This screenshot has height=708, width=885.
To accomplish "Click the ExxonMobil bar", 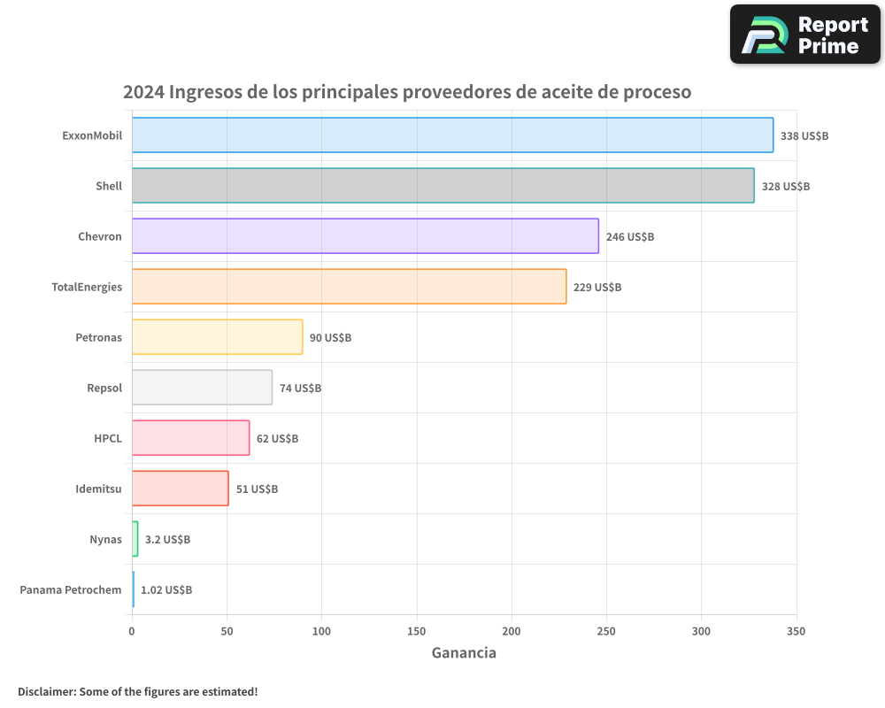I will pos(452,135).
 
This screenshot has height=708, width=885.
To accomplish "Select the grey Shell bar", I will pos(442,186).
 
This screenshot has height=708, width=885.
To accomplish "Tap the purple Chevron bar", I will pos(365,236).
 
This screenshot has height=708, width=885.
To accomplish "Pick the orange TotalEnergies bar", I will pos(349,287).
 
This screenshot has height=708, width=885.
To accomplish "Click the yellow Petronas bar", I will pos(217,337).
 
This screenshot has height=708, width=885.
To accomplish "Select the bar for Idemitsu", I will pos(180,489).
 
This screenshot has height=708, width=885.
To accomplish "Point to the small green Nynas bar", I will pos(135,539).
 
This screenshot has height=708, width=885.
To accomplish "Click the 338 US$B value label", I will pos(804,136).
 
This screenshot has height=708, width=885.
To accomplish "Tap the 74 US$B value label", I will pos(300,389).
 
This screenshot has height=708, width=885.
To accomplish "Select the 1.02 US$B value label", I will pos(166,590).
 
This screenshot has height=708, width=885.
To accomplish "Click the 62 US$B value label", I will pos(277,439).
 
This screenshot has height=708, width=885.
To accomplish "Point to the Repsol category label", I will pos(104,388).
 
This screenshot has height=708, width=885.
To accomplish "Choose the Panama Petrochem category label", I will pos(71,589).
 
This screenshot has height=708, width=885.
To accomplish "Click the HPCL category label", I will pos(108,438).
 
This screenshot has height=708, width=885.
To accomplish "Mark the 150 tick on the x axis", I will pos(416,632).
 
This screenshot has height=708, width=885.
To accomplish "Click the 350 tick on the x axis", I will pos(796,632).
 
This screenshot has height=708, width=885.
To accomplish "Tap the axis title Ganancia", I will pos(464,653).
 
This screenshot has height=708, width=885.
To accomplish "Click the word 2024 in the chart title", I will pos(142,92).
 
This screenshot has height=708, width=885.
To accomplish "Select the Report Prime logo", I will pos(804,35).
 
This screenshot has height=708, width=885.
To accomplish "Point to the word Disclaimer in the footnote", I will pos(45,692).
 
